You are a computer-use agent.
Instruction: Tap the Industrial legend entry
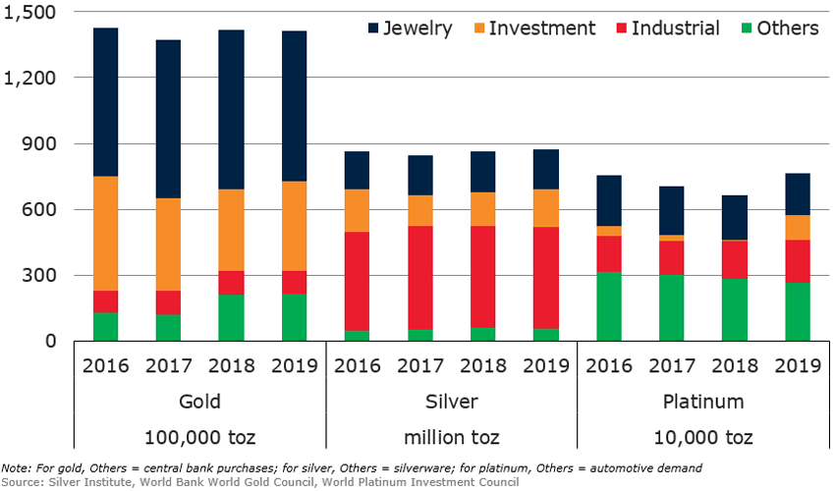[664, 27]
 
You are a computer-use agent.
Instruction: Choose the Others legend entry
[778, 27]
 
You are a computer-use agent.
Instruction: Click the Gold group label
[200, 402]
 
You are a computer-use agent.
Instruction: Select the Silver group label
[452, 402]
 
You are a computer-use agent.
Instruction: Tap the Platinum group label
[702, 402]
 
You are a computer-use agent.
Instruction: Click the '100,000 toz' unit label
[200, 435]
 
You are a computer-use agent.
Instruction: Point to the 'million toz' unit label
[452, 435]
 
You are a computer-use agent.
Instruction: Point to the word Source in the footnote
[21, 481]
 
